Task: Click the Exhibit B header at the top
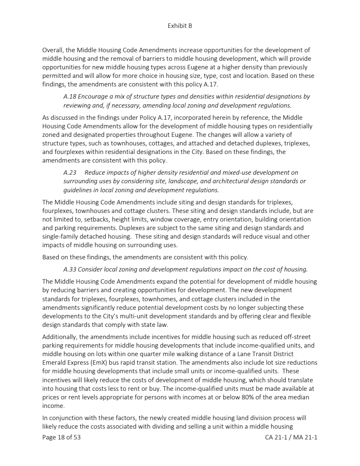[x=180, y=26]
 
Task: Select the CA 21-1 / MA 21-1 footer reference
[x=292, y=437]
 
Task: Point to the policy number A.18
[x=70, y=97]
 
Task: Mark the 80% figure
[x=246, y=397]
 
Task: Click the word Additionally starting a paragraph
[x=61, y=337]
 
